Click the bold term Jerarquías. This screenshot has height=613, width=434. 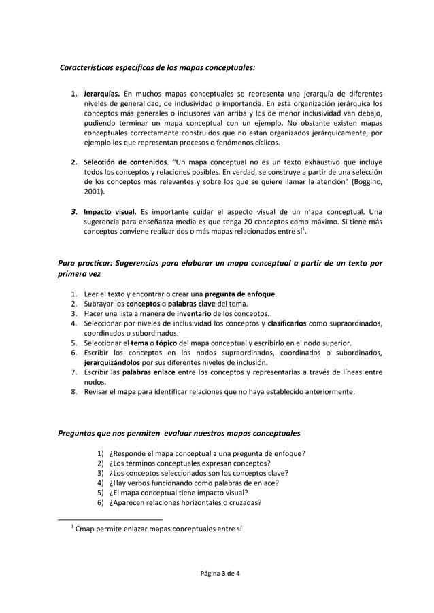[101, 93]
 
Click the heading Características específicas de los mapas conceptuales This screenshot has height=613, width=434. [158, 67]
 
